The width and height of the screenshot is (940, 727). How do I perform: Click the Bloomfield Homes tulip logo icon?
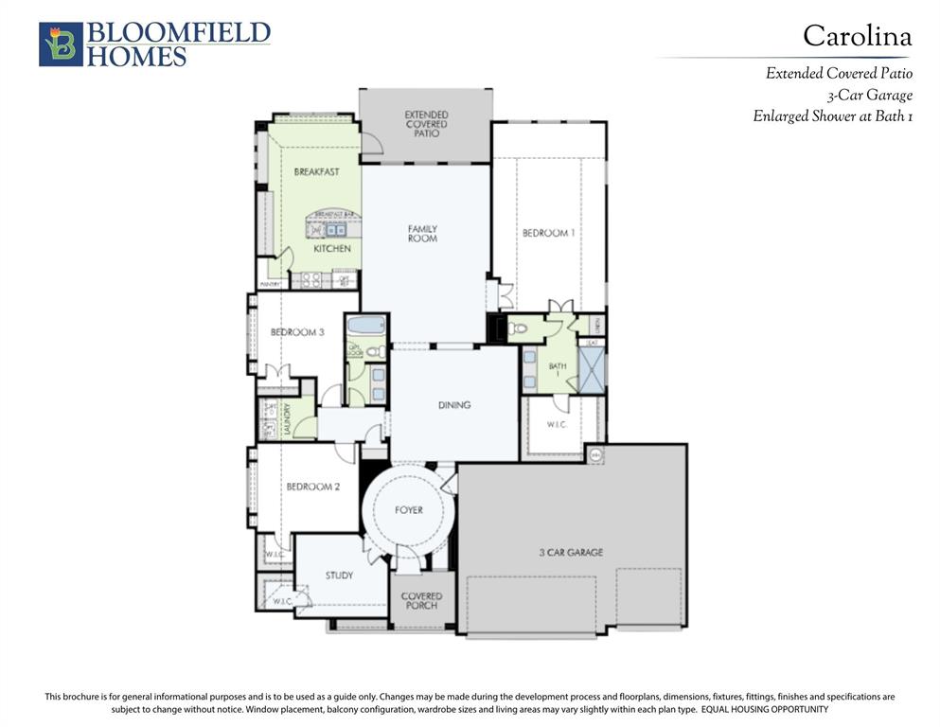(x=61, y=44)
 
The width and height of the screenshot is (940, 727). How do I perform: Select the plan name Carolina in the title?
(x=857, y=36)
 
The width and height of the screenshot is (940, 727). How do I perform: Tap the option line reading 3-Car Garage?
(x=868, y=95)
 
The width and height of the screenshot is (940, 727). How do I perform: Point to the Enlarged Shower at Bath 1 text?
(x=832, y=116)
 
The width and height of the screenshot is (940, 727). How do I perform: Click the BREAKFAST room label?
(x=316, y=172)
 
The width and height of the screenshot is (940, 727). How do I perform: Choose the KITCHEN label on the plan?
(x=332, y=249)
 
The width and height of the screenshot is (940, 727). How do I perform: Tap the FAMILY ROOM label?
(x=422, y=234)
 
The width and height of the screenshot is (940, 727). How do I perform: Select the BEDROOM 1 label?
(x=548, y=233)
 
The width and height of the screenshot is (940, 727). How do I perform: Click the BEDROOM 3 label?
(x=297, y=332)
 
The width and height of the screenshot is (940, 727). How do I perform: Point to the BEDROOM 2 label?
(x=312, y=487)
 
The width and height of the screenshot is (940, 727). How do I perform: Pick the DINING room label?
(x=454, y=405)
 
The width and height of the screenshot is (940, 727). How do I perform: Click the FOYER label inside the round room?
(x=409, y=510)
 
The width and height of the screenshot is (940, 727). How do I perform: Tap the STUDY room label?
(x=339, y=576)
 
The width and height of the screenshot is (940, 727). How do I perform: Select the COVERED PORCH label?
(x=421, y=601)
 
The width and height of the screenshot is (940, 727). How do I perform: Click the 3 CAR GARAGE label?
(x=571, y=552)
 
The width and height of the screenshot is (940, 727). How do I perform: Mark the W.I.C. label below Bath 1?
(x=557, y=424)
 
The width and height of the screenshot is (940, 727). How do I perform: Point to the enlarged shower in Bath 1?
(x=592, y=370)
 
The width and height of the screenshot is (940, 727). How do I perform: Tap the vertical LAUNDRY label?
(x=287, y=417)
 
